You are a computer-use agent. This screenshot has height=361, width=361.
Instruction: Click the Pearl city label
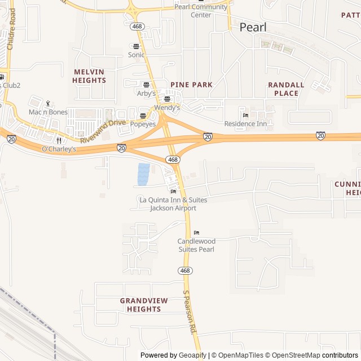coord(253,27)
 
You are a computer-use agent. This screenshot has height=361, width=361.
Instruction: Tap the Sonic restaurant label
coord(136,55)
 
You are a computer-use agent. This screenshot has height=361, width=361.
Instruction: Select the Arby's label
coord(146,93)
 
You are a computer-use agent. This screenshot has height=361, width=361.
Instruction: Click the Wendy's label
coord(167,107)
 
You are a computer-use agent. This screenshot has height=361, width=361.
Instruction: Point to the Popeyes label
coord(143,124)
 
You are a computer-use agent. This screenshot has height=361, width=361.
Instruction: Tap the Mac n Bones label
coord(48,112)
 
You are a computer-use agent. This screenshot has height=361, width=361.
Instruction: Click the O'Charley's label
coord(59,149)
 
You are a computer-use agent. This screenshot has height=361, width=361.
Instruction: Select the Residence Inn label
coord(245,124)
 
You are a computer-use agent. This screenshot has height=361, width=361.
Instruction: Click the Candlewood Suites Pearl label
coord(196,245)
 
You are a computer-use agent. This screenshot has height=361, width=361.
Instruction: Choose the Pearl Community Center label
coord(201,11)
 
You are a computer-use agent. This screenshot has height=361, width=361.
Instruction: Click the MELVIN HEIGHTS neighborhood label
coord(89,76)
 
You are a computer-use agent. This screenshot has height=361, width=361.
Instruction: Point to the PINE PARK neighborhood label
coord(191,85)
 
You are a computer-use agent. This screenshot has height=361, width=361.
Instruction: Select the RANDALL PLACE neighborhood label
coord(286,89)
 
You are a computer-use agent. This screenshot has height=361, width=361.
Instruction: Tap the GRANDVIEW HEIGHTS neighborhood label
coord(144,305)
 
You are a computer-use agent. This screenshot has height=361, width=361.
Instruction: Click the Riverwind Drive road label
coord(103,131)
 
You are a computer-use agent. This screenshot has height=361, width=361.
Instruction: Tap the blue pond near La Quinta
coord(143,174)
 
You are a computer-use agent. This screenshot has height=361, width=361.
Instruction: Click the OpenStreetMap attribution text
coord(293,355)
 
